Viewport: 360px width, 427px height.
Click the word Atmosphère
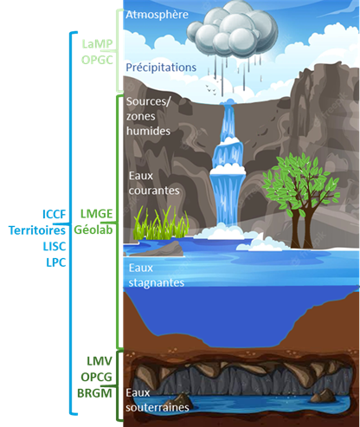coord(157,15)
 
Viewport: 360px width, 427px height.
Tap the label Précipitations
coord(161,68)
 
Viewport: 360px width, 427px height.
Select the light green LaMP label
coord(97,44)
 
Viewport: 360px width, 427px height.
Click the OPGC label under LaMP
coord(97,60)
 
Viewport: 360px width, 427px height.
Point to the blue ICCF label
coord(55,214)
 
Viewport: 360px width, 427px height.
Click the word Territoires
coord(37,230)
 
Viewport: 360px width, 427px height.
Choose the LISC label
coord(55,247)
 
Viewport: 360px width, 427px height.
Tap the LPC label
coord(56,262)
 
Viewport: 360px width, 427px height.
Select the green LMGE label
coord(96,214)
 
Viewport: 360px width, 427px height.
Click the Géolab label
coord(93,230)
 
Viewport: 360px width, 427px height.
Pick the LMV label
coord(100,361)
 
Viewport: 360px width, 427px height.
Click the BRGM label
coord(94,393)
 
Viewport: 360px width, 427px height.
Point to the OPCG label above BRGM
coord(96,377)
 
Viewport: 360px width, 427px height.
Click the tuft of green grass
coord(161,223)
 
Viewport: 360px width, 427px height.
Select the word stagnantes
coord(157,283)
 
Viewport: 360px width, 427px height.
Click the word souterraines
coord(157,407)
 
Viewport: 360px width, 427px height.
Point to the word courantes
coord(154,191)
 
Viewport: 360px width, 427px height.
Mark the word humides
coord(148,131)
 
